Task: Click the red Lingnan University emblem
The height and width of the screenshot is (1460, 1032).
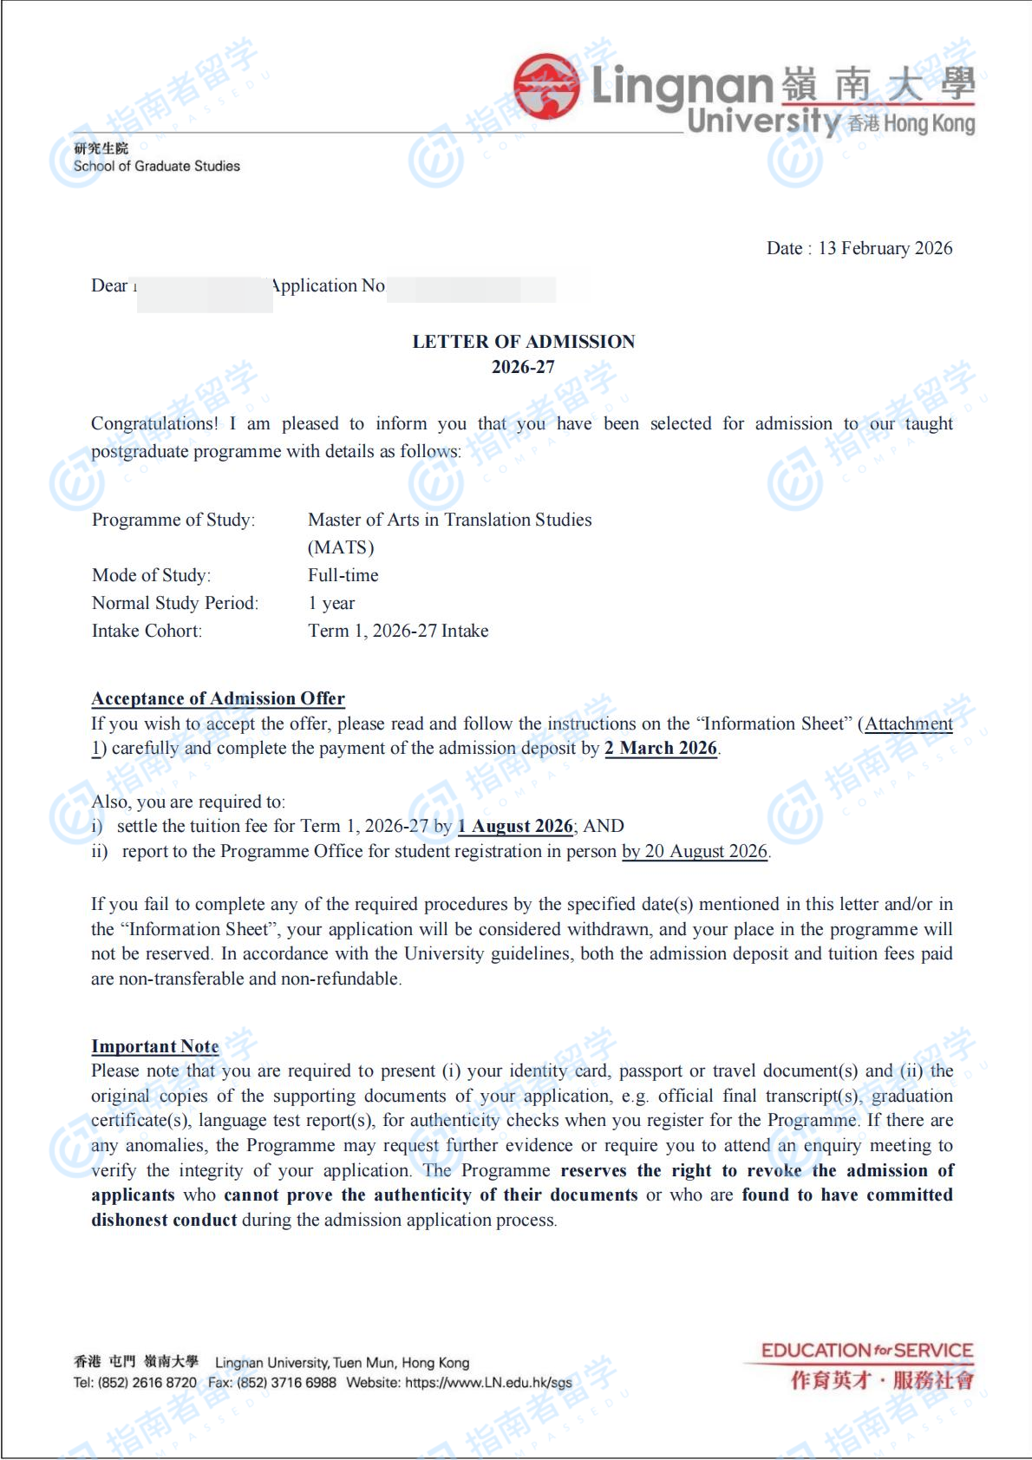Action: coord(545,88)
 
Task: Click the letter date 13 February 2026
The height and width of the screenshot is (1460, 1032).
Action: coord(885,248)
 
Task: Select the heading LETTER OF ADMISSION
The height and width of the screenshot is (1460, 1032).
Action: coord(523,342)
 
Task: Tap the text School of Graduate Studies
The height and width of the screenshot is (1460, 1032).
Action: coord(156,166)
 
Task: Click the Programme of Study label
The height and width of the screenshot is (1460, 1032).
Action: coord(173,520)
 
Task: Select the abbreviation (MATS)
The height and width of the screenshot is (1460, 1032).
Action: coord(341,547)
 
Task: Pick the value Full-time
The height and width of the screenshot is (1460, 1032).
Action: coord(343,575)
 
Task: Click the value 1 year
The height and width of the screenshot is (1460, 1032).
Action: coord(331,603)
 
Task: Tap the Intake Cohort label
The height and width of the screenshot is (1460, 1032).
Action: coord(147,631)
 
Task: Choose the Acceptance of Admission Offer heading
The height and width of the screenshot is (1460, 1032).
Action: coord(218,698)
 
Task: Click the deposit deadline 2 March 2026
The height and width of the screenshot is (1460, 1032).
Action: coord(661,748)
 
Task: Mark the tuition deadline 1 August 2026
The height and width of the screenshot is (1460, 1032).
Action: coord(515,826)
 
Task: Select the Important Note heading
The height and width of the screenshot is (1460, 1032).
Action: coord(154,1046)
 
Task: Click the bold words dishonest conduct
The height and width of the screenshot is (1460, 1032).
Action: coord(164,1220)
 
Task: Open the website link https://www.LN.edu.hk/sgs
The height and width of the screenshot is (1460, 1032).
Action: coord(488,1383)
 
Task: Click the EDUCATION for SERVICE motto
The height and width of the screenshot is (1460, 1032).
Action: coord(866,1351)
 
